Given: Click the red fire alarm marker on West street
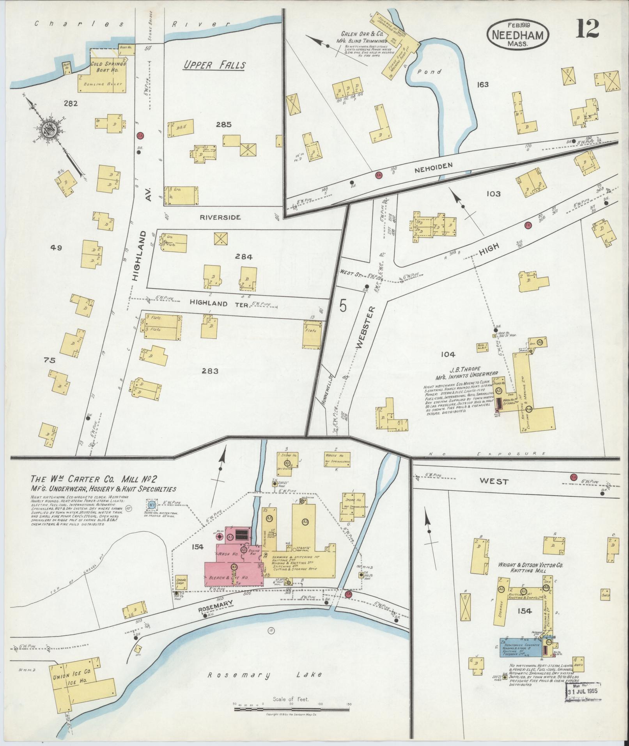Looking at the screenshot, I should tap(574, 477).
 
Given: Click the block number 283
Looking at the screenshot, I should tap(210, 371).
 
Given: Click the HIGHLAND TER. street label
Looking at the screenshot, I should tap(220, 305).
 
